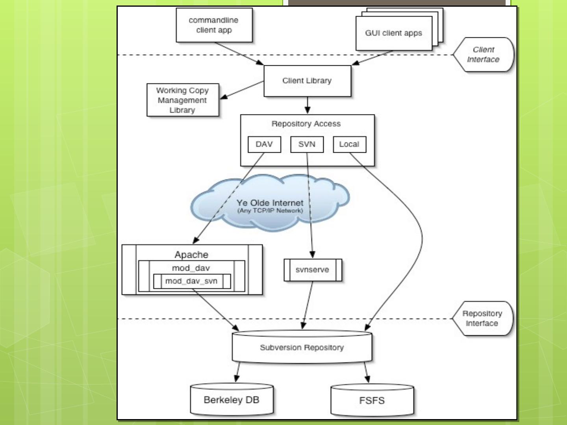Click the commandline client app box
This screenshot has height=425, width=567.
coord(214,25)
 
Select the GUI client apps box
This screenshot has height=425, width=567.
coord(394,33)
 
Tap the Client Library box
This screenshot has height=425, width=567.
coord(307,81)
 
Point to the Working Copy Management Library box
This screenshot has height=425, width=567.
coord(182,100)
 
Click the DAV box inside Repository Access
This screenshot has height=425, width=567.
coord(264,144)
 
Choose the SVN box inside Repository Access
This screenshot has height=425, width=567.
coord(307,144)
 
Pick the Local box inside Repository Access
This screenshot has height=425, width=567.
coord(349,144)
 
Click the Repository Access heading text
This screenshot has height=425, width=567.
coord(306,124)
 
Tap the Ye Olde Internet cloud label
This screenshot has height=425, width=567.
coord(270,203)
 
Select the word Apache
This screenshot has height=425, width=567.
coord(191,255)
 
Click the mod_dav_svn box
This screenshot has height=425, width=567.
coord(191,281)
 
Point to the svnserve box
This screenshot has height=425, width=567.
coord(313,270)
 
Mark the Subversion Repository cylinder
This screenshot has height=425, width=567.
coord(302,347)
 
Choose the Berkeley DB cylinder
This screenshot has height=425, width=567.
coord(232,400)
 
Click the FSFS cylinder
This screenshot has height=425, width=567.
coord(372,401)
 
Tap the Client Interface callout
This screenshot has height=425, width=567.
coord(483,55)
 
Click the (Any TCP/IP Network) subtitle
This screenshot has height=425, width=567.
coord(270,211)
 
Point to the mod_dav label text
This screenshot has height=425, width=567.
coord(191,268)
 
